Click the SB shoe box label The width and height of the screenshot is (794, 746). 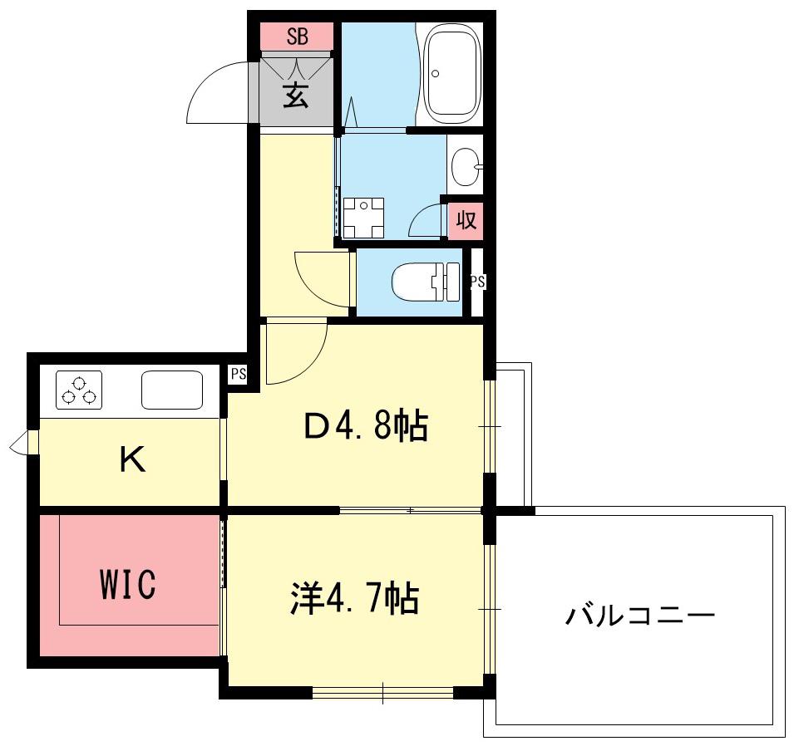(298, 37)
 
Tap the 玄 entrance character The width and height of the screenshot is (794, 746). (296, 95)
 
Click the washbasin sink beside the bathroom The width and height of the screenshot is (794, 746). (466, 166)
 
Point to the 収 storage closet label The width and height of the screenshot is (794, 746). (466, 221)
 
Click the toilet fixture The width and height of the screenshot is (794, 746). (426, 282)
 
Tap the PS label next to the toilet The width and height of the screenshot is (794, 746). (477, 282)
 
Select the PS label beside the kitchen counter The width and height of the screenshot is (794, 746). (239, 374)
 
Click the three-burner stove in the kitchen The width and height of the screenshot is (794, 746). (78, 390)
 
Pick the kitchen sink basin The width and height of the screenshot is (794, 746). (172, 390)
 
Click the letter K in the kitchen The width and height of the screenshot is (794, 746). (133, 459)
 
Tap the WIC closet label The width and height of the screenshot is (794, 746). (127, 584)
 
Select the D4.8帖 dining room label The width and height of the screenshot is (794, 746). (366, 425)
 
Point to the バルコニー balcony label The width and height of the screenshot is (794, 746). (639, 615)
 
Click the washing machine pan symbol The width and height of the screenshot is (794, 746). (363, 218)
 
